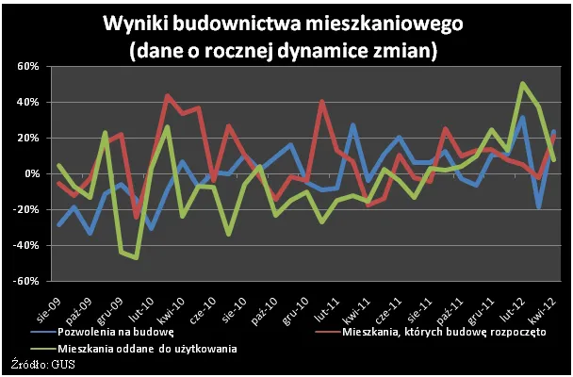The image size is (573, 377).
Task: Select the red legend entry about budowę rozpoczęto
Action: pos(433,333)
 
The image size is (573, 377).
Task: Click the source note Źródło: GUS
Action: pos(38,367)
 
